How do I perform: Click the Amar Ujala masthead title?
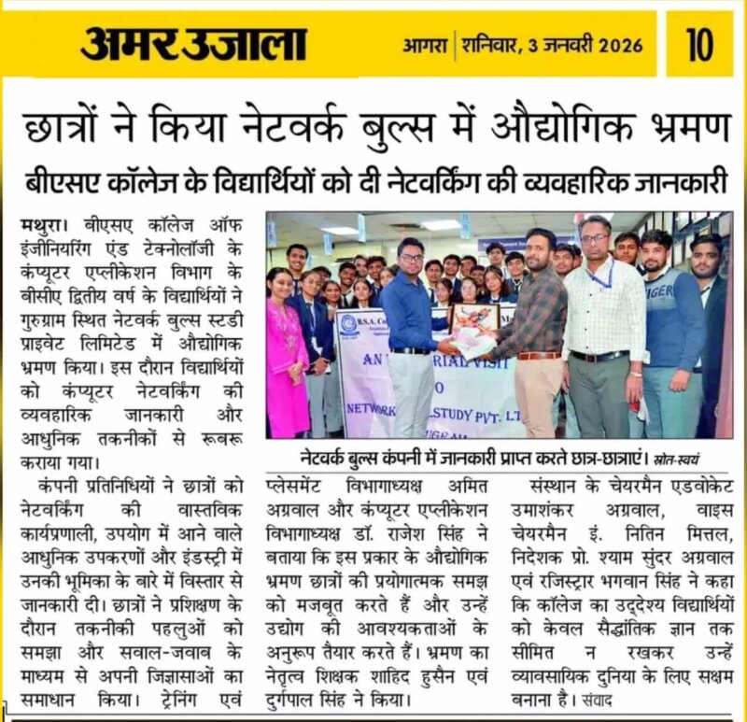click(x=192, y=43)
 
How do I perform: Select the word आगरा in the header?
click(x=426, y=44)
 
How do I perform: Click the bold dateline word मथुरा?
click(x=42, y=227)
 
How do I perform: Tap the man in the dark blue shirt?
click(x=410, y=327)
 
